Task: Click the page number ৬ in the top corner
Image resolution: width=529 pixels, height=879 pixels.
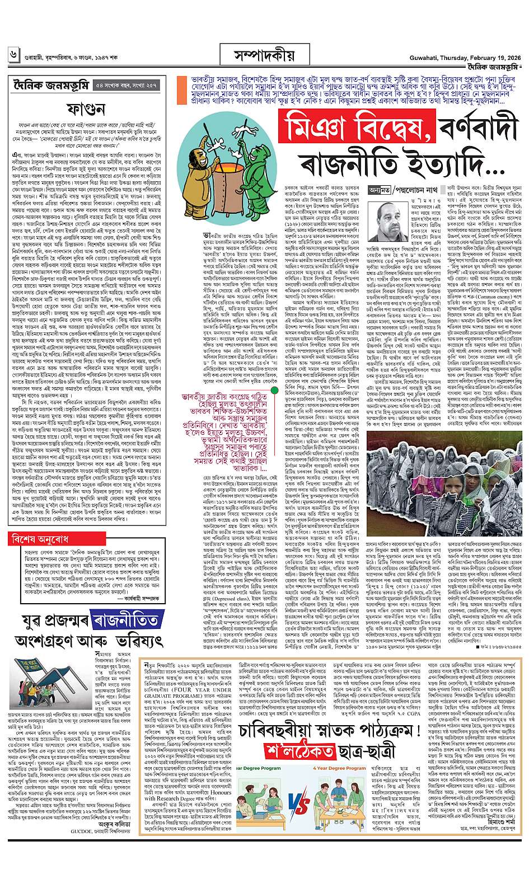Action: coord(13,55)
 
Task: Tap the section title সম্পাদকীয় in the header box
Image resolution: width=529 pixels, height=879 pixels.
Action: coord(265,55)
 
